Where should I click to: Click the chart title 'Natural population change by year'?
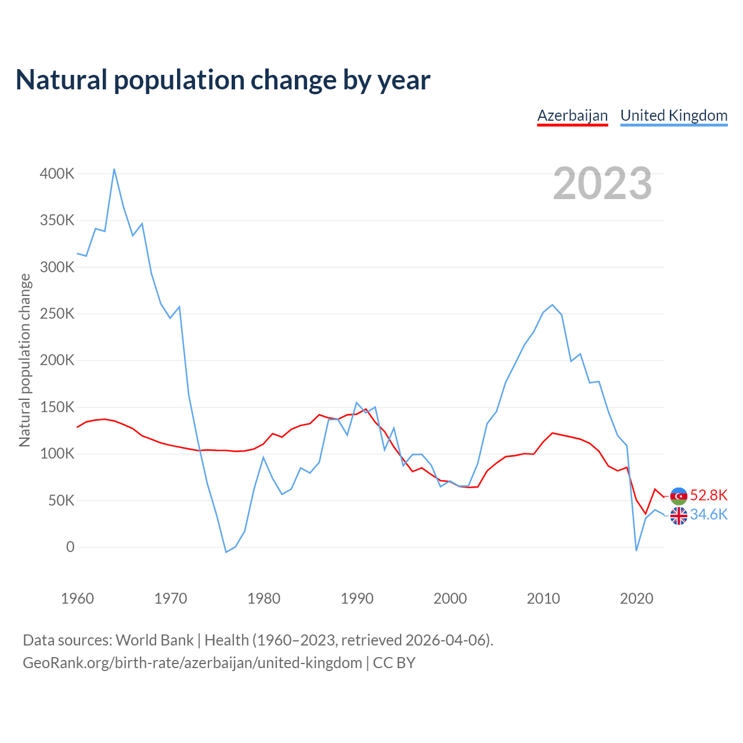tap(223, 80)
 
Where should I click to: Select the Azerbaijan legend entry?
tap(572, 116)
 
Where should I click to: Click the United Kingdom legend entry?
tap(674, 116)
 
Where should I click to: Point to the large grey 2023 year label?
tap(602, 183)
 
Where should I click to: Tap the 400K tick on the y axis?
tap(57, 174)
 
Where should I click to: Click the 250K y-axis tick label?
tap(57, 314)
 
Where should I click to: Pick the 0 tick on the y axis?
tap(70, 547)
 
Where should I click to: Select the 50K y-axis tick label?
tap(61, 500)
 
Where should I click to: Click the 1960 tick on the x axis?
tap(77, 598)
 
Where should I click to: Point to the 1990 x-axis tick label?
tap(357, 598)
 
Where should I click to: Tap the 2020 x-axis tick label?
tap(637, 598)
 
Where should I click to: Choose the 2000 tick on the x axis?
tap(450, 598)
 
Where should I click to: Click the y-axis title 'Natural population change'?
tap(25, 360)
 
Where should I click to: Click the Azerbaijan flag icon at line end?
tap(679, 496)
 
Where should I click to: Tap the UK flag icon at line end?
tap(679, 515)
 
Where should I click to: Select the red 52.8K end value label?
tap(709, 495)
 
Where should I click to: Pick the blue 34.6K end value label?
tap(709, 515)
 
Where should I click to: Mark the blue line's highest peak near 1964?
tap(114, 169)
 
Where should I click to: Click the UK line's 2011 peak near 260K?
tap(553, 305)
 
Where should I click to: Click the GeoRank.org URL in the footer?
tap(192, 663)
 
